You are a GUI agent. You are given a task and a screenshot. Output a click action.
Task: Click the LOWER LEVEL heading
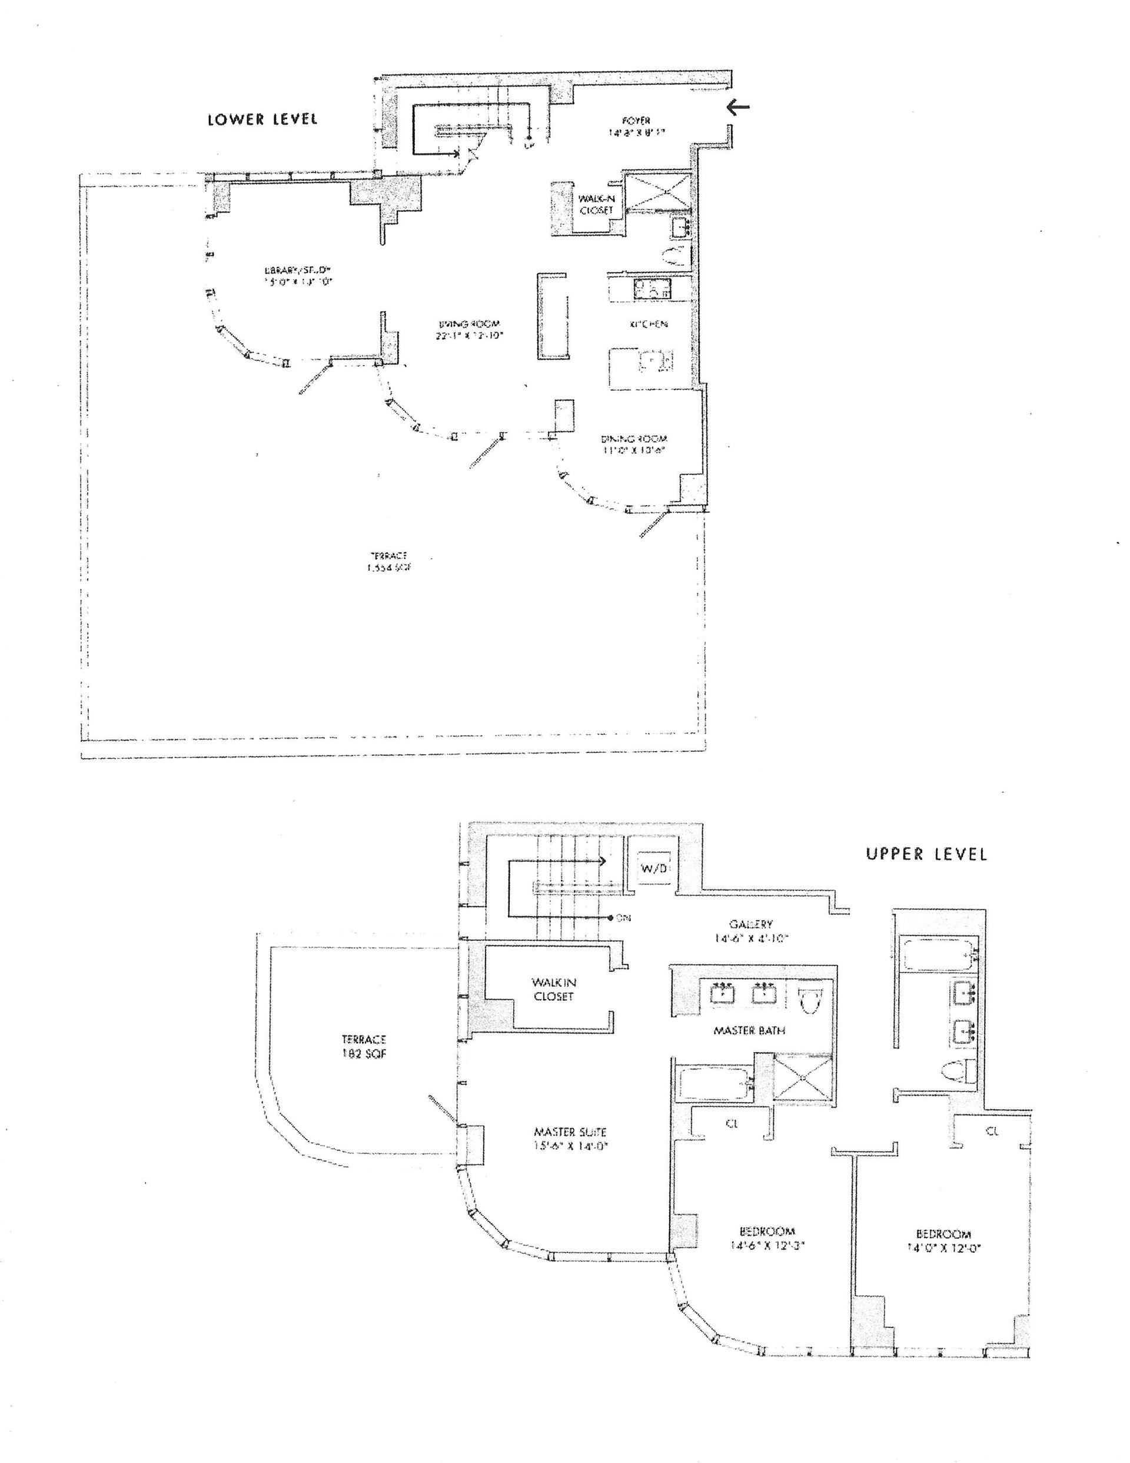click(x=262, y=120)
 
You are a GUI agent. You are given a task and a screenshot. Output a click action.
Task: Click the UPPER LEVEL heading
click(x=926, y=854)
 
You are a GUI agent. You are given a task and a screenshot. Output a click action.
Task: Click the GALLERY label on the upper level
click(x=751, y=931)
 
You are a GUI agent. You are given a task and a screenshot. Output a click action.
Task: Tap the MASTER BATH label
click(x=749, y=1030)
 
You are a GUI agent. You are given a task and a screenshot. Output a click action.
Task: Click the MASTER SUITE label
click(x=570, y=1138)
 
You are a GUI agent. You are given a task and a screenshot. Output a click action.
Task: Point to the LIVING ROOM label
click(x=467, y=327)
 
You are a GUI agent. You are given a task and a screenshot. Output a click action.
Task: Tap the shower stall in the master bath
click(x=804, y=1076)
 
